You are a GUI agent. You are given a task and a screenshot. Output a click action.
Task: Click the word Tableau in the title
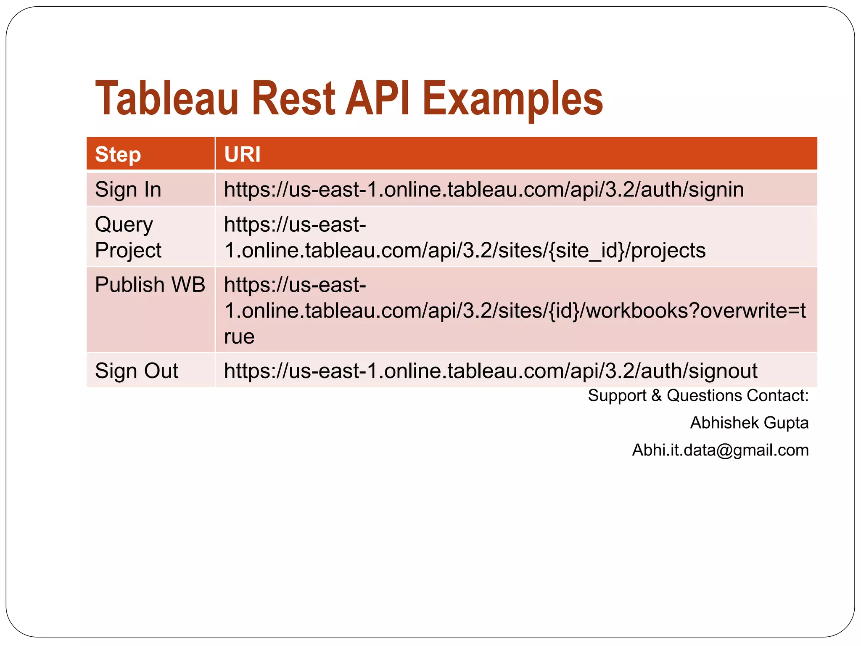click(x=167, y=99)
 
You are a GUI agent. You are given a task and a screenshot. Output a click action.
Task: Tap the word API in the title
click(x=378, y=99)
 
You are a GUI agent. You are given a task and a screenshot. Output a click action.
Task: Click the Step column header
click(x=118, y=154)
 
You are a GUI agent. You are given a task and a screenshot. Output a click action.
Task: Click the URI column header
click(x=242, y=154)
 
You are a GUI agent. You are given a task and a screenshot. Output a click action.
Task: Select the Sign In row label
click(x=128, y=189)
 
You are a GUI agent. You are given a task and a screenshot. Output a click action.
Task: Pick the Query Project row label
click(x=128, y=237)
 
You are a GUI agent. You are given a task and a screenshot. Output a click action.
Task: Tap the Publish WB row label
click(x=150, y=285)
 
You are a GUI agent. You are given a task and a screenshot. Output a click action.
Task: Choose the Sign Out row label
click(x=136, y=371)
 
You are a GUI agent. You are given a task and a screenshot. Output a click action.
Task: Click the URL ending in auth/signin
click(x=483, y=189)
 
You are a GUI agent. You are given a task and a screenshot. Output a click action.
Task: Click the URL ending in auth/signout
click(x=490, y=371)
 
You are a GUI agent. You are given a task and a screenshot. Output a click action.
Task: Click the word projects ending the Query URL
click(x=668, y=251)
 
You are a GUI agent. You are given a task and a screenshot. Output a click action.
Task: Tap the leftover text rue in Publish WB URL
click(x=239, y=337)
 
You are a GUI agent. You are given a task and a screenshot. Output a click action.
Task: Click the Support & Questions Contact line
click(x=698, y=396)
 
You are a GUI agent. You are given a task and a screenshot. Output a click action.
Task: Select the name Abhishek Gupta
click(x=749, y=423)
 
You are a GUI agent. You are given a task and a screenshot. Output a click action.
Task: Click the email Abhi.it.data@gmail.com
click(x=720, y=450)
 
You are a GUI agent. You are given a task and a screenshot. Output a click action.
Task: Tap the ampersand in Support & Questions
click(x=656, y=396)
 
